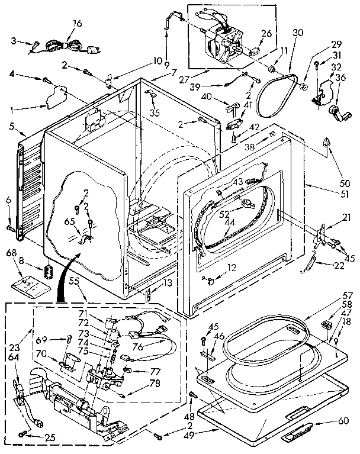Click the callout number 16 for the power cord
[x=77, y=23]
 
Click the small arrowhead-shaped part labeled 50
[x=326, y=141]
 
